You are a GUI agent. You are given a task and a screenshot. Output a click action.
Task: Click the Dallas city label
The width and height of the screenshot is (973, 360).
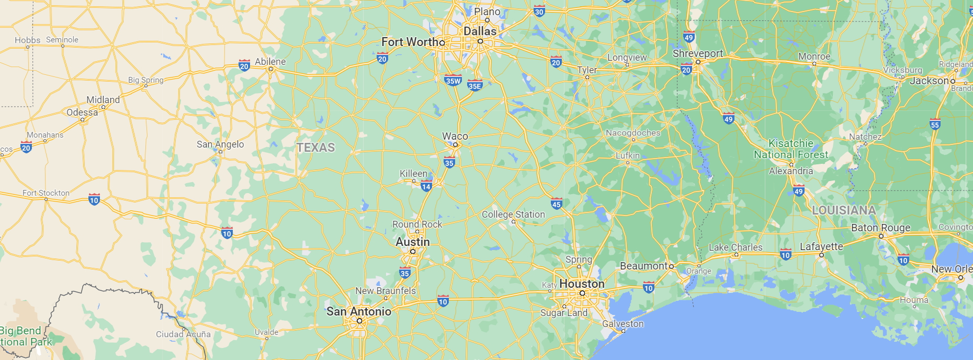pos(480,31)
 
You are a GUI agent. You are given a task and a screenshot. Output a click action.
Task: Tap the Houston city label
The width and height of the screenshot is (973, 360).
pos(582,284)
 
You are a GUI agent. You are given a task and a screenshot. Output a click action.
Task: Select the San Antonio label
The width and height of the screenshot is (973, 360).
pos(359,311)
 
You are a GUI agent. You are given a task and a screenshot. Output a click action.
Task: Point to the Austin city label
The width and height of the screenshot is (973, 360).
pos(413,242)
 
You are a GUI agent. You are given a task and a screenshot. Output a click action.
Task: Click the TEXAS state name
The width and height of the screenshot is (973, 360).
pos(315,148)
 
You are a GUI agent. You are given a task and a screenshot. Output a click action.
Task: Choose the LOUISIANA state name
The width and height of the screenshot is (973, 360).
pos(844,210)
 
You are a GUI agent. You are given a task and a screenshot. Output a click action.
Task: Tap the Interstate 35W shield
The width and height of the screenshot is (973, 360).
pos(453,81)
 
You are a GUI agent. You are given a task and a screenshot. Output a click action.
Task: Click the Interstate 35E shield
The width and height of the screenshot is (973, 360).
pos(474,86)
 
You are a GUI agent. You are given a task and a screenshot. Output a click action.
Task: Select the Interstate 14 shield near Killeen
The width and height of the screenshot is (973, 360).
pos(426,186)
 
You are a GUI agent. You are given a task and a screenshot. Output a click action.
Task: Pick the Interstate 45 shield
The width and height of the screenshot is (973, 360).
pos(557,204)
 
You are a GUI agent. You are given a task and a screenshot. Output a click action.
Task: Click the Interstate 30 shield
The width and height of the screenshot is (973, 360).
pos(539,11)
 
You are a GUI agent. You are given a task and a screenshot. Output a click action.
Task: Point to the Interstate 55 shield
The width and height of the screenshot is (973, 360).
pos(935,124)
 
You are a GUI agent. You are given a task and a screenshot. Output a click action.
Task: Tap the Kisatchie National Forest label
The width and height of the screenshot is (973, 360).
pos(791,149)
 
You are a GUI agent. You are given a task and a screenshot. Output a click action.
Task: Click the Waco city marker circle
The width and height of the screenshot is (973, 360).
pos(455,144)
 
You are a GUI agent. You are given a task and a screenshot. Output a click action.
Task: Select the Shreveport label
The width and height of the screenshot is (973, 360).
pos(698,53)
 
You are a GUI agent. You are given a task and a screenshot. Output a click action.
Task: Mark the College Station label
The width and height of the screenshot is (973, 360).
pos(513,215)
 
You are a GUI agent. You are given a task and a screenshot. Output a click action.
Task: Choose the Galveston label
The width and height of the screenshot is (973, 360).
pos(623,324)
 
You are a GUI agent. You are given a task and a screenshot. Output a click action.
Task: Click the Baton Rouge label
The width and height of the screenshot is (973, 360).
pos(880,228)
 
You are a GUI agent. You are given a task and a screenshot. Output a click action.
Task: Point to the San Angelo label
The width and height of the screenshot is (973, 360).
pos(220,144)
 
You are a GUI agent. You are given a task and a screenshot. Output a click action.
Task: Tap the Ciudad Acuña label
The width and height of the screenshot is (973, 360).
pos(183,334)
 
